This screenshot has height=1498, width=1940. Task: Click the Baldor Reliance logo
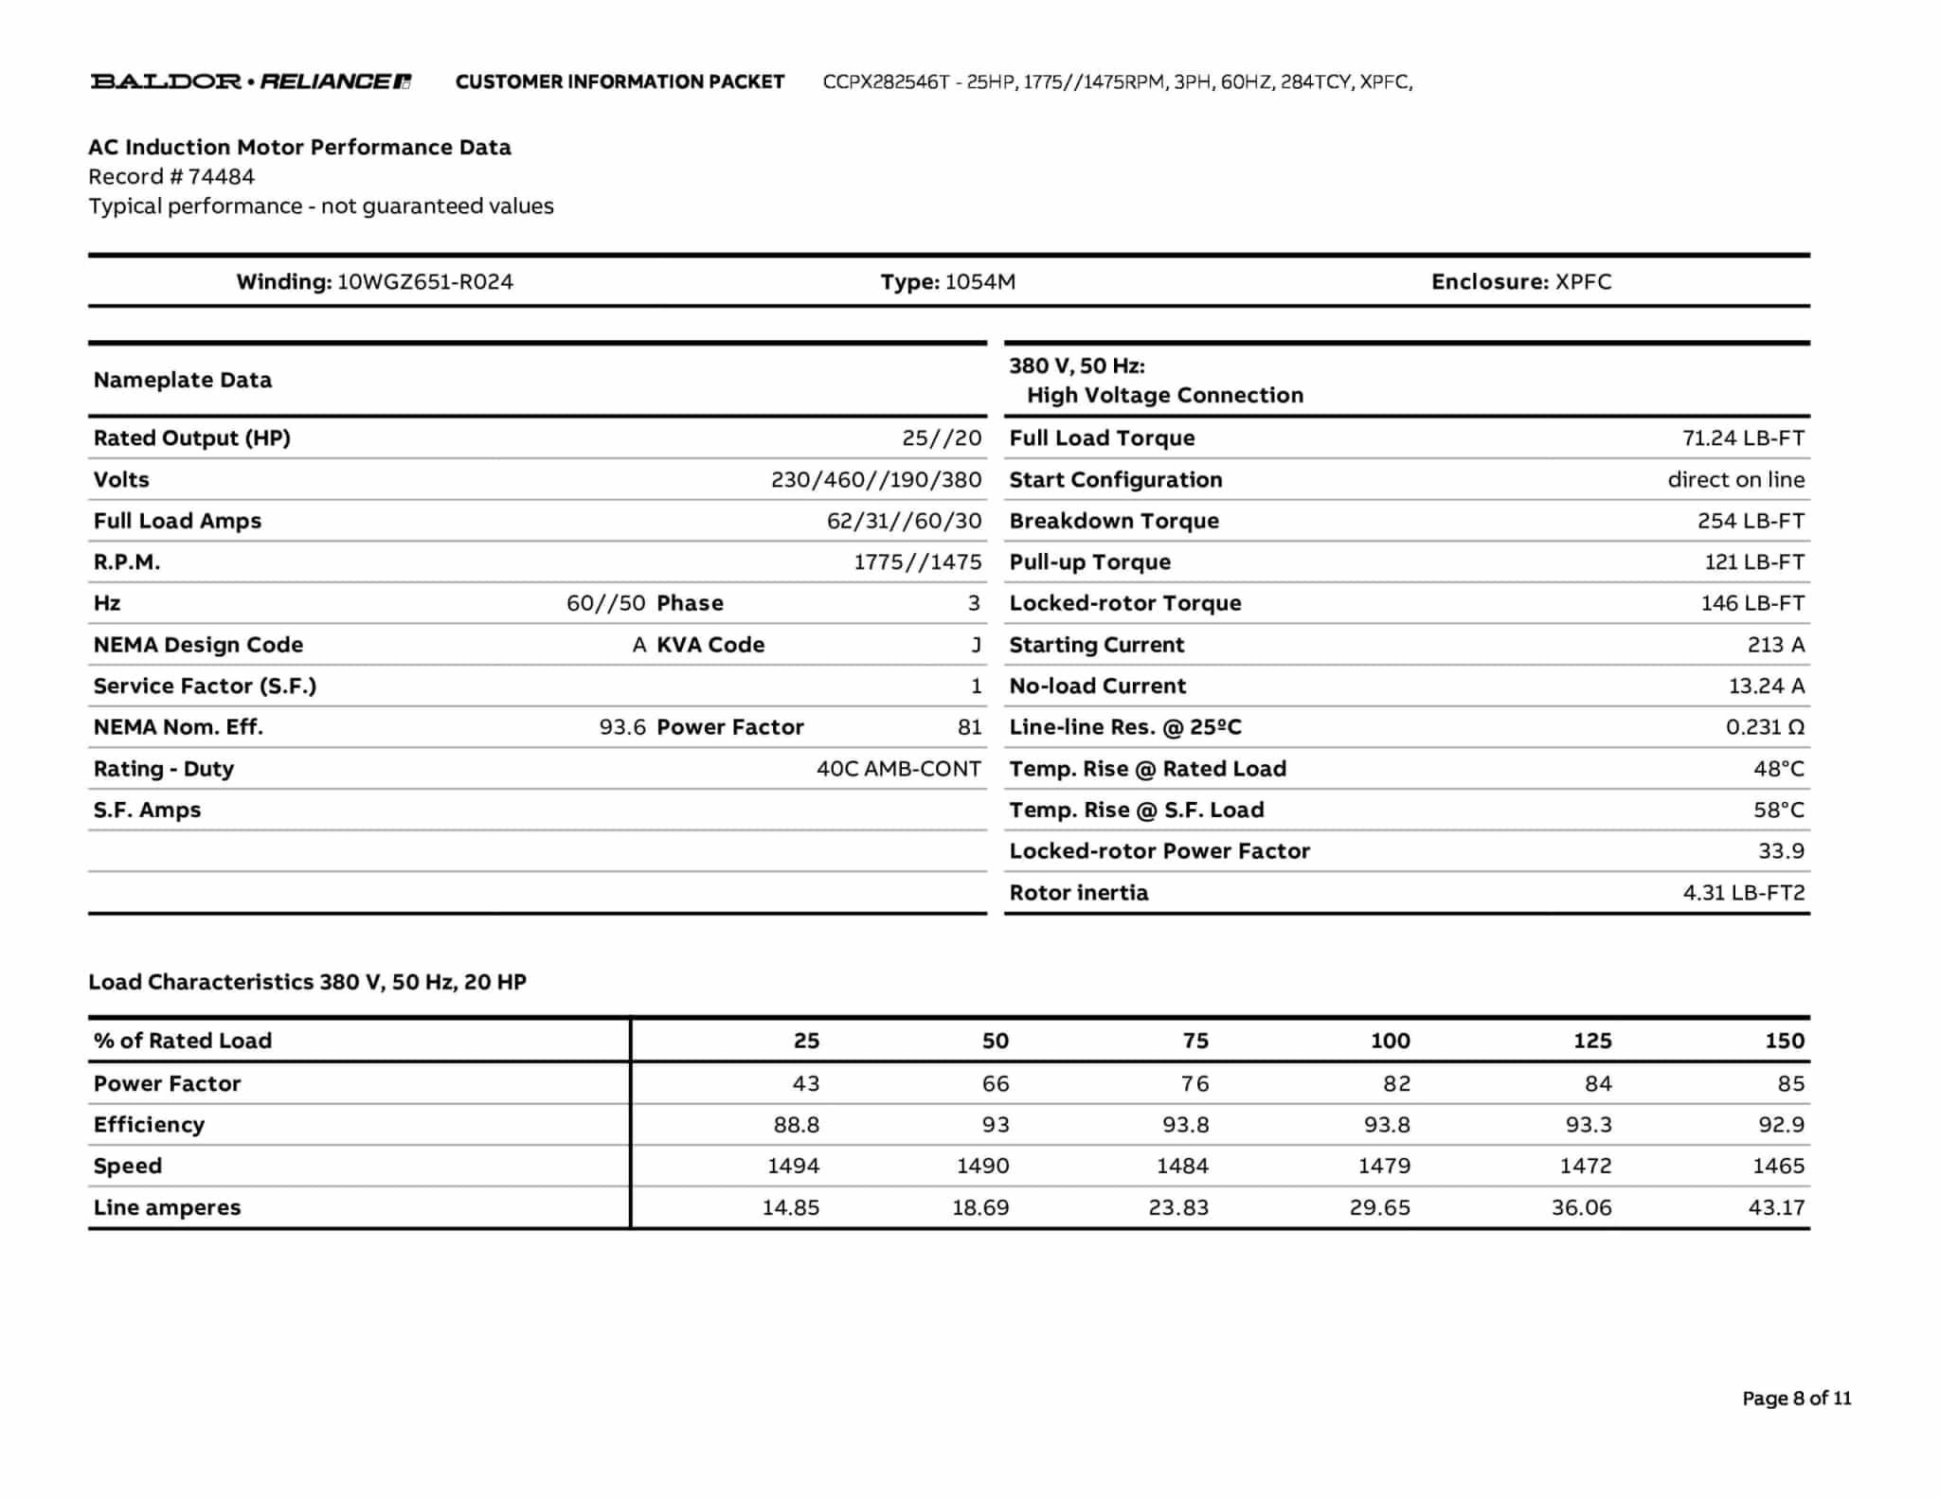[x=250, y=81]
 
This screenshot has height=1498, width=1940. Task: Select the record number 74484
[x=221, y=177]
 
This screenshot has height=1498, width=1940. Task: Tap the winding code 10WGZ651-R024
[x=424, y=282]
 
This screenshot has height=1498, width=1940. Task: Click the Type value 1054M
[x=979, y=282]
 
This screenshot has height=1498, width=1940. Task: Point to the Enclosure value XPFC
[x=1583, y=282]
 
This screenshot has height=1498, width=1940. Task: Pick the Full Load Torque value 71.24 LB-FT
[x=1743, y=438]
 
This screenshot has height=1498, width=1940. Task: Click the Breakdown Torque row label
[x=1113, y=521]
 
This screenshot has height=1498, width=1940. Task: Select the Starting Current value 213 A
[x=1775, y=645]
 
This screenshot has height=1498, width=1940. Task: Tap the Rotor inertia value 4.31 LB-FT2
[x=1743, y=893]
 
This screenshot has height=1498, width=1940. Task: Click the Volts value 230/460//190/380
[x=875, y=480]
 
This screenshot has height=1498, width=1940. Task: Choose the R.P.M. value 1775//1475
[x=917, y=562]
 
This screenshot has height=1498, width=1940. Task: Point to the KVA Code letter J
[x=976, y=645]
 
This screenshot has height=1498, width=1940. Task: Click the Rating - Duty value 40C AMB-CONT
[x=898, y=769]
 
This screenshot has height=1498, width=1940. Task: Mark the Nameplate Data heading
[x=182, y=381]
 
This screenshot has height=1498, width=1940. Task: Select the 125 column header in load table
[x=1591, y=1041]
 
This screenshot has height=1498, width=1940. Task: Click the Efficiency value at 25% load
[x=796, y=1125]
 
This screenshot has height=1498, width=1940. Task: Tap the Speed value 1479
[x=1384, y=1167]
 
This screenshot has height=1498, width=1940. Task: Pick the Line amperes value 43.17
[x=1776, y=1208]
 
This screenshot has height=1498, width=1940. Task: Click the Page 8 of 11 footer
[x=1796, y=1399]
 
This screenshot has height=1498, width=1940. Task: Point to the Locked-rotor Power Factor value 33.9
[x=1781, y=851]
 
